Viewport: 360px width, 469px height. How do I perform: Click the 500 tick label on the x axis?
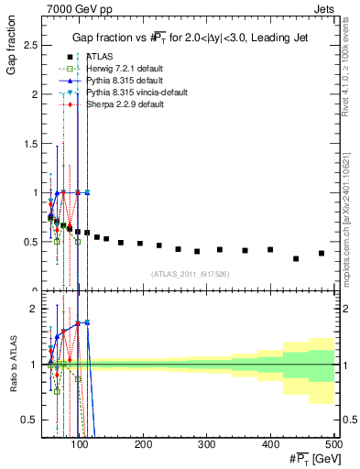(x=333, y=444)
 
